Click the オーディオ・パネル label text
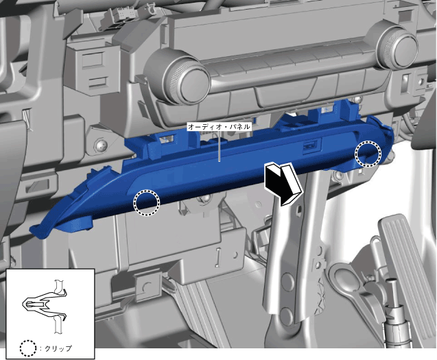220,127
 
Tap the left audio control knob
186,77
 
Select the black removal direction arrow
283,184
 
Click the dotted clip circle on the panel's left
147,203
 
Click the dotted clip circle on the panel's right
368,154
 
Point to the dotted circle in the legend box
28,348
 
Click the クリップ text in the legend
58,348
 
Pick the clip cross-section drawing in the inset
46,306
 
